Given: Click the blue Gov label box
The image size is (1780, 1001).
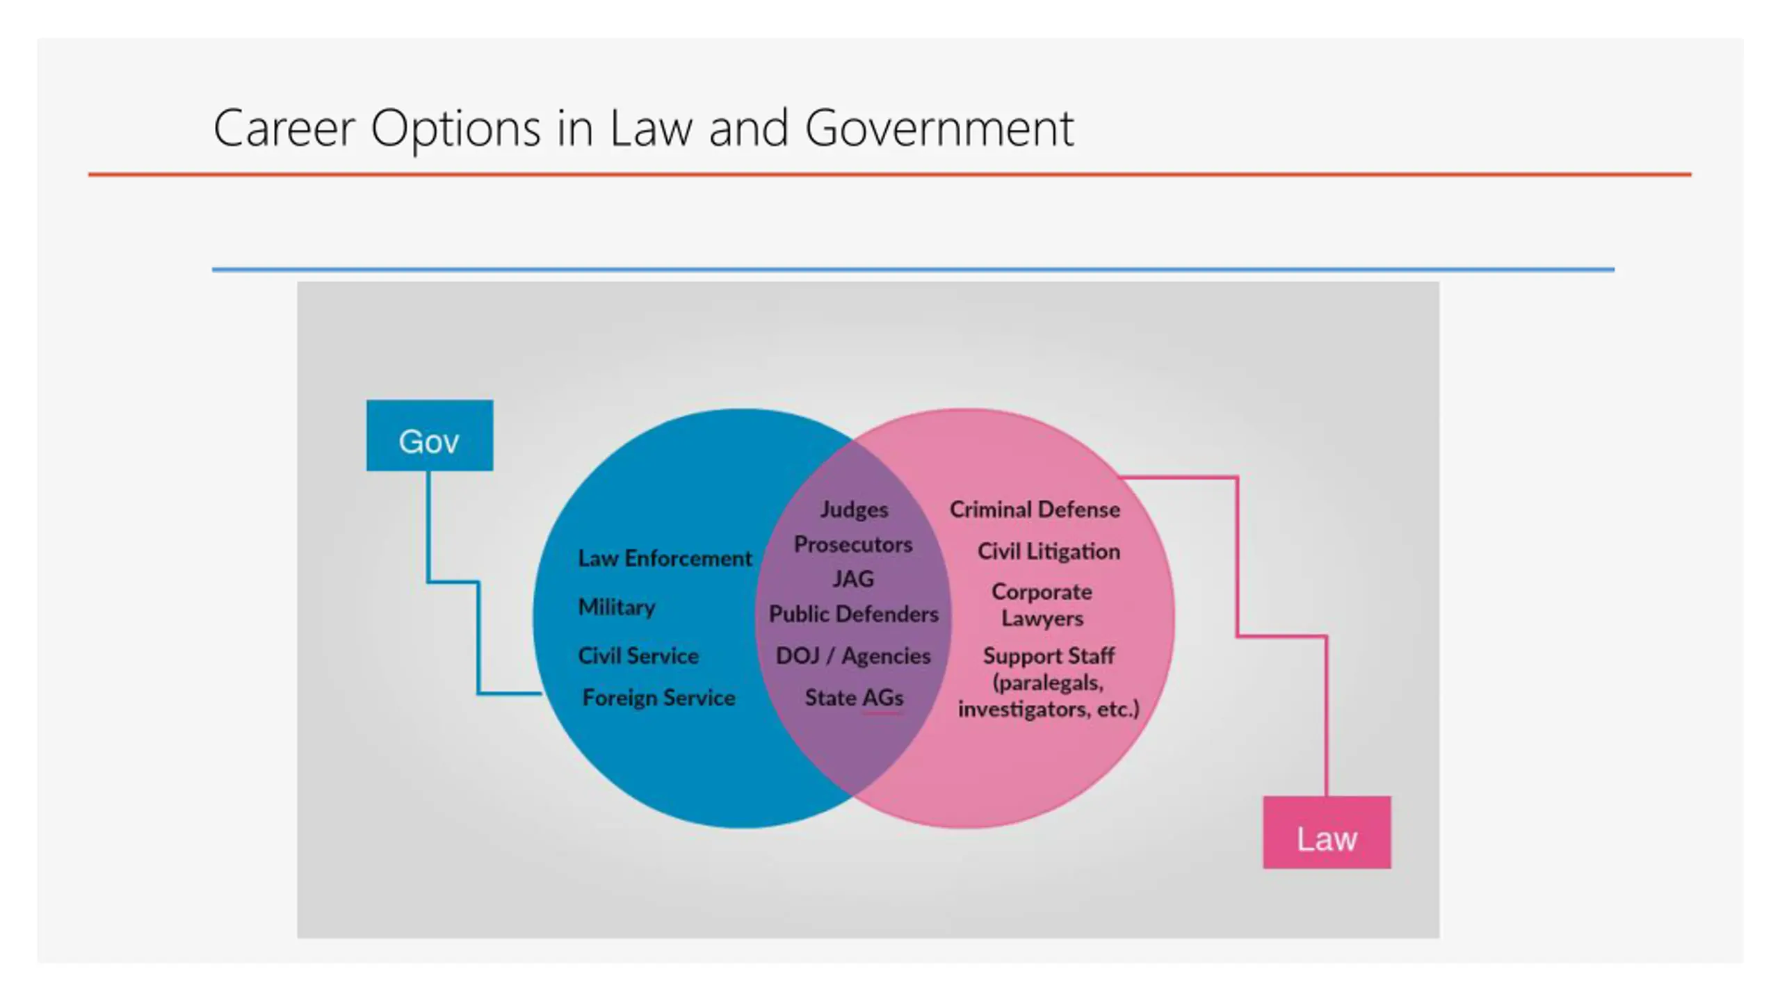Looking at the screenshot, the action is [x=430, y=436].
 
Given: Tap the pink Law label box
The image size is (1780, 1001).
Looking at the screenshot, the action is [x=1327, y=832].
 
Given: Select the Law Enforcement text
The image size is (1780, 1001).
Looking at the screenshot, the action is [x=665, y=558].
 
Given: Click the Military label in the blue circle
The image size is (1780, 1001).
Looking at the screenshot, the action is [x=616, y=607].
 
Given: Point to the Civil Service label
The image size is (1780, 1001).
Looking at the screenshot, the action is [x=638, y=656].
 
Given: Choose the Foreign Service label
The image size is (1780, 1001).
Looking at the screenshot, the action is [x=658, y=697].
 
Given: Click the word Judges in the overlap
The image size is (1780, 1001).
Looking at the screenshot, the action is [x=854, y=510].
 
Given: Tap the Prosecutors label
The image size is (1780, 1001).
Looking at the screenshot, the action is [x=853, y=544].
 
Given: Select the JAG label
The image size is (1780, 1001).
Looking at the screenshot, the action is [x=853, y=579].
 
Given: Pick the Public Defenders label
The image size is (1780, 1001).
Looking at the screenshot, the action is [x=853, y=614].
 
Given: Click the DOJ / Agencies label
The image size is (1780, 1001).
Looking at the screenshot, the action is [x=853, y=656].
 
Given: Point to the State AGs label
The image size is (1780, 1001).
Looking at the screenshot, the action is [x=854, y=697].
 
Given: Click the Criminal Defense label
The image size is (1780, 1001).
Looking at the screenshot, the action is [x=1035, y=510].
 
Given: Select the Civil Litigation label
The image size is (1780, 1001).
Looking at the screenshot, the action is [x=1049, y=551].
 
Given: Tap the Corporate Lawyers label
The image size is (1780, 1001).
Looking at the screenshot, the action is [x=1042, y=605].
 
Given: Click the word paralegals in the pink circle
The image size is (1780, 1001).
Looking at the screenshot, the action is [x=1049, y=683].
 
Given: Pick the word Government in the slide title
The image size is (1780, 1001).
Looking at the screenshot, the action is [x=939, y=129].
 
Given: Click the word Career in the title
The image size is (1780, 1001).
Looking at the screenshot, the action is [x=284, y=129].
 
